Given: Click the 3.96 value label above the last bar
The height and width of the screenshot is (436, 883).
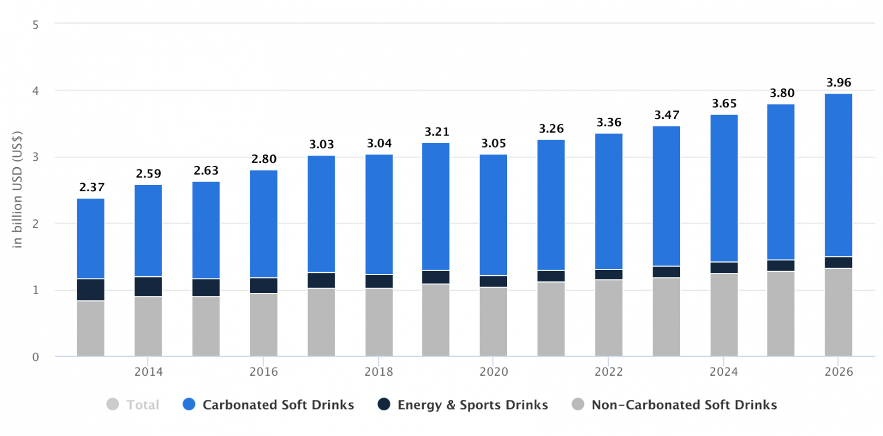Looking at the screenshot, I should [838, 82].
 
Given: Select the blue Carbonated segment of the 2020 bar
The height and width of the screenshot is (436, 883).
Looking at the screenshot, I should [494, 215].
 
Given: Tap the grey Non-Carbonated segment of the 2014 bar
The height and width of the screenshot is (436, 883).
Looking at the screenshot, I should [148, 326].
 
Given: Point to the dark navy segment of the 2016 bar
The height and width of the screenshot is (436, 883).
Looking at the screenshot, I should [263, 285].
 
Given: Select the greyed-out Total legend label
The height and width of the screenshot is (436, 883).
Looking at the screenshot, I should [143, 405].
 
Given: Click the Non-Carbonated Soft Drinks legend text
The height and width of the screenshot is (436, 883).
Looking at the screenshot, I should [684, 405].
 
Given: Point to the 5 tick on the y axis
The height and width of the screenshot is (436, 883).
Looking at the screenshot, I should [36, 24].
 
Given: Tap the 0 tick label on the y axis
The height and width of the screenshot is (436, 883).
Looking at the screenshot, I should [36, 357].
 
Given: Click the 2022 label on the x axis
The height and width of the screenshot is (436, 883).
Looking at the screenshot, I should [609, 372].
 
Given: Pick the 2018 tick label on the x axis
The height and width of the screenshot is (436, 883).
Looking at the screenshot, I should [378, 372].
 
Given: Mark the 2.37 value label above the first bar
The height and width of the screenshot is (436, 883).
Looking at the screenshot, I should [91, 187].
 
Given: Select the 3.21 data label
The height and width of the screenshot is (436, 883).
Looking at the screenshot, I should [436, 132].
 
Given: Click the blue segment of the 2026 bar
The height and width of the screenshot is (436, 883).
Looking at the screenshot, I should [838, 175].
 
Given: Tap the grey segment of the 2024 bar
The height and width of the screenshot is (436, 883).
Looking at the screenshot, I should [724, 314].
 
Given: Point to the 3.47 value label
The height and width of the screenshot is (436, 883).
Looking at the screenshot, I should [666, 115].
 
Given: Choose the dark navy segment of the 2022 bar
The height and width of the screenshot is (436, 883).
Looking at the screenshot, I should [609, 275].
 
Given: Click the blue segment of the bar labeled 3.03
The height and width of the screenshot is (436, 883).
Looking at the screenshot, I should [321, 214].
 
